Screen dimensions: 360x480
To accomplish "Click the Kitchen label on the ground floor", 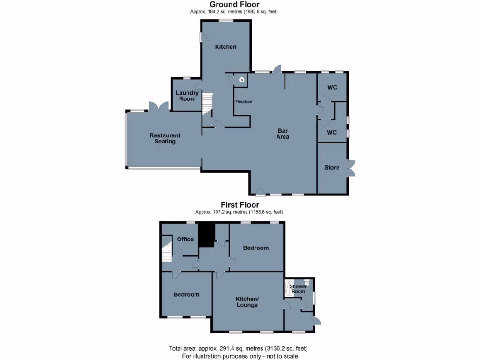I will click(x=225, y=47).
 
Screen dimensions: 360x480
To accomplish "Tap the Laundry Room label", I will click(x=187, y=96).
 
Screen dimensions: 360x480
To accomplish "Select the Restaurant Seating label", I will click(x=165, y=138).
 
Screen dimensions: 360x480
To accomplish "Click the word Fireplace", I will click(x=243, y=101).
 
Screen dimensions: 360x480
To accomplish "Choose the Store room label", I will click(x=331, y=167).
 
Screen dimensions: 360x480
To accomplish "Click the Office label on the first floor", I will click(x=185, y=239).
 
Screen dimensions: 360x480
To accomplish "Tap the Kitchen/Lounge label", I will click(x=247, y=302).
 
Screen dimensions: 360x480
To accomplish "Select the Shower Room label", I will click(x=298, y=289).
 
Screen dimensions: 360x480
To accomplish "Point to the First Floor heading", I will click(x=240, y=205).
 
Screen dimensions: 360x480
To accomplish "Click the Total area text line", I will click(x=238, y=348).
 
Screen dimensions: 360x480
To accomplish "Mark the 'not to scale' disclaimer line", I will click(x=238, y=356).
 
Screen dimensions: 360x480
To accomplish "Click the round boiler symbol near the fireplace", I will click(x=241, y=80).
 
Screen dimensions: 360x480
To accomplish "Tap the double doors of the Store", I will click(x=351, y=168).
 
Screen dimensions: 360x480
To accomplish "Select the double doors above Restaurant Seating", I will click(x=159, y=106).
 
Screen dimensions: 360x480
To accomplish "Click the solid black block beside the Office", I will click(x=206, y=234).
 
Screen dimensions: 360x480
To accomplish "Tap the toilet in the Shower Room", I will click(x=307, y=283).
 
